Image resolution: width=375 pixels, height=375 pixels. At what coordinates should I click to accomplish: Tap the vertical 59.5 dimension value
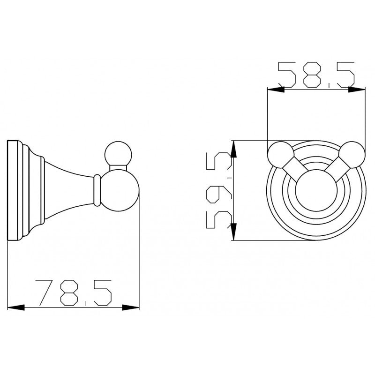tap(219, 191)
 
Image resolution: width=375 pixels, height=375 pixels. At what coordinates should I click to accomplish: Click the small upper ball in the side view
tap(117, 154)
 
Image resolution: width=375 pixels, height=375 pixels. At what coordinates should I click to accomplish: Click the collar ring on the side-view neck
tap(97, 191)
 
